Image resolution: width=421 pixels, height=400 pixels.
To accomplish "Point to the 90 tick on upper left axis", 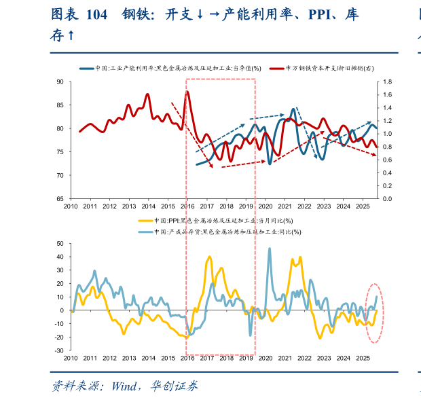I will tap(60, 81).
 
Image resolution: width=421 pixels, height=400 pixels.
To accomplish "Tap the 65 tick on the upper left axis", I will tap(60, 199).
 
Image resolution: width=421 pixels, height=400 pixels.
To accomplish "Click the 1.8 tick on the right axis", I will tap(388, 81).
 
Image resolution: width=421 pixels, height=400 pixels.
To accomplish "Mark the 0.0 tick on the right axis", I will tap(388, 199).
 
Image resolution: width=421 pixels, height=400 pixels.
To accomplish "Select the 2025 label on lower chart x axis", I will tap(363, 358).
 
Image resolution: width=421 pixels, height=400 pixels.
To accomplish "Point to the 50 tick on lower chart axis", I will tap(60, 243).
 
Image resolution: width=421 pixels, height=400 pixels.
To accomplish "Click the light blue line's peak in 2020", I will tap(269, 249).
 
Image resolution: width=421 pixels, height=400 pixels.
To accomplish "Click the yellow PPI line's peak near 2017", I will tap(209, 257).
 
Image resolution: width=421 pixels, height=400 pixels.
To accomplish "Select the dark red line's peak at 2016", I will tap(187, 92).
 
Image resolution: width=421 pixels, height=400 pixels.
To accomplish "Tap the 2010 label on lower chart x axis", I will tap(71, 358).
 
